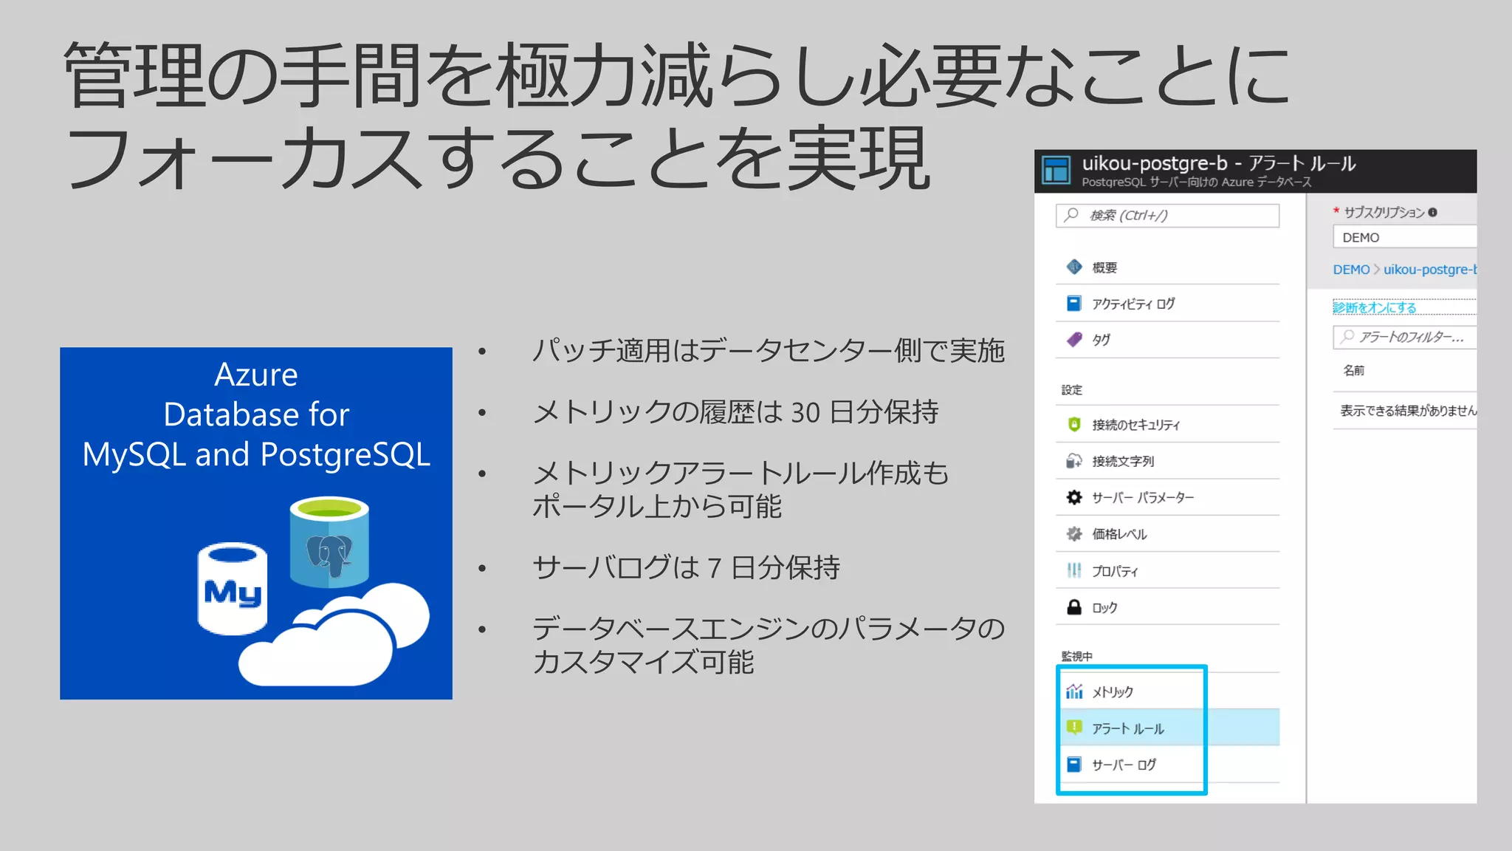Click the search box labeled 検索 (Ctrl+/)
coord(1167,215)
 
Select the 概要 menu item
coord(1104,267)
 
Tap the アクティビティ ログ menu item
coord(1133,304)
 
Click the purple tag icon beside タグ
coord(1074,340)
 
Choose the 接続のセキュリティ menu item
coord(1135,425)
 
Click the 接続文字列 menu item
coord(1123,461)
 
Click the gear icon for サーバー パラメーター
coord(1074,497)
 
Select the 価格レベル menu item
coord(1119,534)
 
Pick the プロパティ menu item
coord(1115,571)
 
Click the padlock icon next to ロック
coord(1074,607)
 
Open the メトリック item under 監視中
coord(1113,692)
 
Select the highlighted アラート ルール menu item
coord(1128,728)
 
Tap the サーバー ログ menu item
coord(1124,765)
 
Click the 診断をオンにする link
coord(1374,307)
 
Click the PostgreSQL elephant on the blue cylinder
coord(329,554)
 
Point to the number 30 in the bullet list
coord(805,412)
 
